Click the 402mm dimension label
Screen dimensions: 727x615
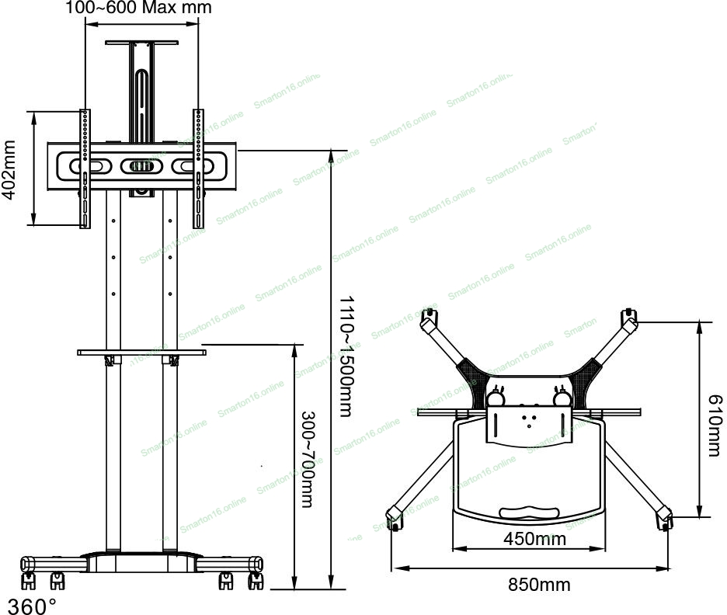tap(9, 170)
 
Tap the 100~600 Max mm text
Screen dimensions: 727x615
tap(138, 8)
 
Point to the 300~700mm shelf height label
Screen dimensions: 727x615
tap(308, 459)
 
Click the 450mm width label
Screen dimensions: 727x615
tap(534, 539)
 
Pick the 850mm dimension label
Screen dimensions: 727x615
tap(539, 585)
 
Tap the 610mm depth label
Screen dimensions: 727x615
tap(715, 426)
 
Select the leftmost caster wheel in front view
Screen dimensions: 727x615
tap(28, 581)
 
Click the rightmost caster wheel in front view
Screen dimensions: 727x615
tap(256, 581)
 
